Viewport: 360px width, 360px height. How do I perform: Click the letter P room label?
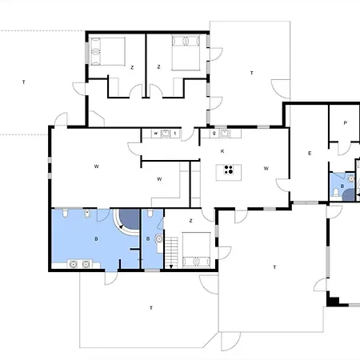click(x=345, y=123)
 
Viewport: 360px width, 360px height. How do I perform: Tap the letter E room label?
click(x=309, y=152)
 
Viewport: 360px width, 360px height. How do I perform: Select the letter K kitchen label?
click(x=223, y=150)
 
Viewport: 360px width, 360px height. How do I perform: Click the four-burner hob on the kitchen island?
click(x=229, y=169)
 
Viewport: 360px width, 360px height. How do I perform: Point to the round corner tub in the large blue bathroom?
click(x=124, y=219)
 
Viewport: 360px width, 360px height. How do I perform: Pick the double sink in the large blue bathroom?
click(x=78, y=262)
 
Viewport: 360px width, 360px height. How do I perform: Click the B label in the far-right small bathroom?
click(x=342, y=185)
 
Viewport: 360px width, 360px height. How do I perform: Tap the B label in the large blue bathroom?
click(x=97, y=238)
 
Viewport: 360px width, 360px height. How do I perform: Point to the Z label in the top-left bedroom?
click(x=131, y=68)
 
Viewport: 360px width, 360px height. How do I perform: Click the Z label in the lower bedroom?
click(x=190, y=220)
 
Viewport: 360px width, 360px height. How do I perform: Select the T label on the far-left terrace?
click(x=24, y=82)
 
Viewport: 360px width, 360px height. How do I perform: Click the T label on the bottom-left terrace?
click(x=150, y=307)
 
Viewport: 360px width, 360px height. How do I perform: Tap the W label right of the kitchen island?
click(x=265, y=168)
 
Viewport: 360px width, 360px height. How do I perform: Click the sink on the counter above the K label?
click(x=225, y=133)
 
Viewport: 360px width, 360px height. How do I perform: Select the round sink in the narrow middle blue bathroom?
click(x=158, y=239)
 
